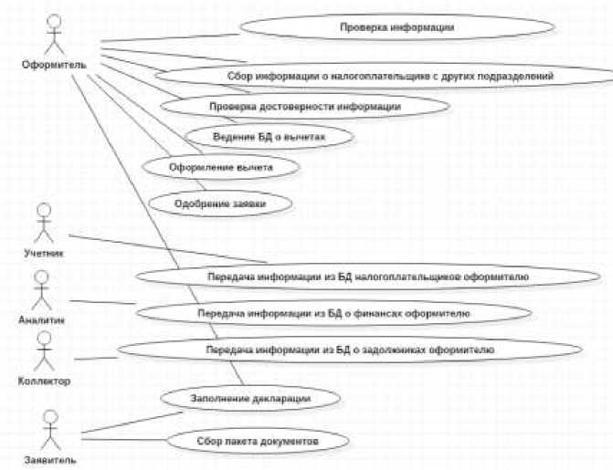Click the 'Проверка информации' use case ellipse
[396, 28]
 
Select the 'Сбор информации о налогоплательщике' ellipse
[389, 76]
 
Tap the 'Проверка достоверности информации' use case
[304, 106]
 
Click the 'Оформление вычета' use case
[208, 168]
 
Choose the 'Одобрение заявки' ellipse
[207, 203]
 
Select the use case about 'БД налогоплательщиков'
[362, 276]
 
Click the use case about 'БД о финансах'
[333, 312]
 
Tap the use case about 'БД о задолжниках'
[349, 349]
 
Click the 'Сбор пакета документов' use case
[257, 442]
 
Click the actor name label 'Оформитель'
[54, 64]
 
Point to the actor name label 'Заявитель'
[49, 459]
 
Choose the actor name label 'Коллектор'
[44, 381]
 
